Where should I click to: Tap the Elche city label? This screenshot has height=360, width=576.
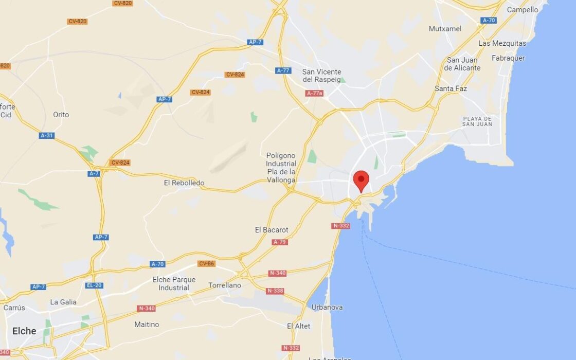point(24,331)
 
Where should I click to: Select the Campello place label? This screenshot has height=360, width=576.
point(523,10)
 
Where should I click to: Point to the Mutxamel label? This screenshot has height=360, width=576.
point(445,29)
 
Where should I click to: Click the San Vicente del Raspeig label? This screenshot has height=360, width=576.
point(321,76)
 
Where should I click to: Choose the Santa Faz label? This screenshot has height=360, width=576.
point(451,88)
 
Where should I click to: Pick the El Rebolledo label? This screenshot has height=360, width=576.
point(184,183)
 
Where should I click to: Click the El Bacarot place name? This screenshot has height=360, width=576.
point(272,230)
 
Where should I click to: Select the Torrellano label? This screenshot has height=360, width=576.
point(225,285)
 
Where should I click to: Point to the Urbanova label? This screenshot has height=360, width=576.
point(327,307)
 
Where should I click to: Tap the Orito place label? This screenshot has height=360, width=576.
point(61,115)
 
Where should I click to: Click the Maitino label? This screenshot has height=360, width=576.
point(147,325)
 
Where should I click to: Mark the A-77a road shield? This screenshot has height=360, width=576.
point(314,93)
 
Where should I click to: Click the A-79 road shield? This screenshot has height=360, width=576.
point(280,242)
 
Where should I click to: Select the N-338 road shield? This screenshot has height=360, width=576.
point(275,291)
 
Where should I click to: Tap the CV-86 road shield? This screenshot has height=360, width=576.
point(206,264)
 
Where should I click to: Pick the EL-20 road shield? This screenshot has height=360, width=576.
point(94,285)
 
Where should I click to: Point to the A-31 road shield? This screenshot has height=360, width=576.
point(46,135)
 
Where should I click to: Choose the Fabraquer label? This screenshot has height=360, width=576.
point(508,58)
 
